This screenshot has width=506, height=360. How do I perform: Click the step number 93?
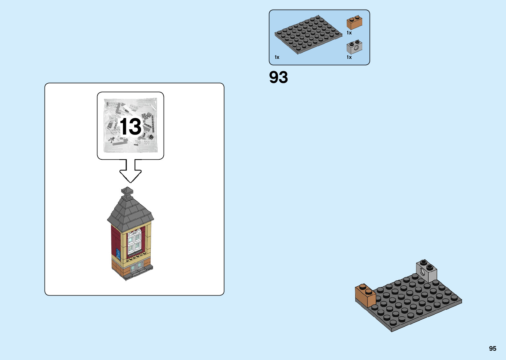click(278, 77)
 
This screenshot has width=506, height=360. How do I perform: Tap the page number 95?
click(492, 348)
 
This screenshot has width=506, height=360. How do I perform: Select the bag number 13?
click(131, 127)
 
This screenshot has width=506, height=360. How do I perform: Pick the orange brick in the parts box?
click(354, 23)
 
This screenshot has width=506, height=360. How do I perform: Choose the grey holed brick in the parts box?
click(354, 47)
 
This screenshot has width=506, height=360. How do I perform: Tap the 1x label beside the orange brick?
click(349, 33)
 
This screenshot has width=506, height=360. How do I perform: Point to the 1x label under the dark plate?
click(277, 57)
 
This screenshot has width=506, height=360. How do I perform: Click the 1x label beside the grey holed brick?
click(349, 57)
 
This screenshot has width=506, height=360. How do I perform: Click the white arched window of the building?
click(135, 241)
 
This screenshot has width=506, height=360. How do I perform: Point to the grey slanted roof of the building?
click(130, 212)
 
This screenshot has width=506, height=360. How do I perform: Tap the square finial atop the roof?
click(127, 191)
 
